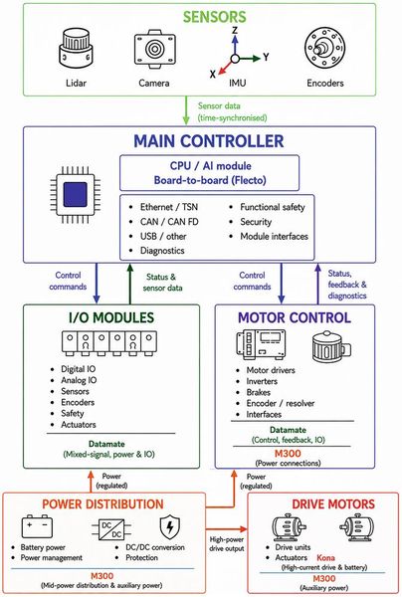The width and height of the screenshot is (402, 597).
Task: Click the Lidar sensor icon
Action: click(76, 49)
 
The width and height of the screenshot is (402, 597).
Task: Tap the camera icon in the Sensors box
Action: click(155, 50)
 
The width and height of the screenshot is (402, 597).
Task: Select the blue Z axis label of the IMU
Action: click(235, 30)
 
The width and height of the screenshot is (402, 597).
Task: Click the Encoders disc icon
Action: click(324, 48)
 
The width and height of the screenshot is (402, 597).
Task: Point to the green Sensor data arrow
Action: click(186, 110)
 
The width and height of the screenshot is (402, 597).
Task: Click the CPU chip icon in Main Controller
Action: click(76, 195)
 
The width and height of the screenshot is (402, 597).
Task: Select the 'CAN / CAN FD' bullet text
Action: click(169, 222)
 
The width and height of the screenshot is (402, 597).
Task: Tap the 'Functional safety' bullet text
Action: click(273, 207)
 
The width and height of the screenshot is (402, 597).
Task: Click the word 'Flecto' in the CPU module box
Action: click(248, 180)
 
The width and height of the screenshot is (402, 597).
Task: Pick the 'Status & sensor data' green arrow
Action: click(130, 284)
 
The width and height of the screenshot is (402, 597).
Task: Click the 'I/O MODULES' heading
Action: click(111, 317)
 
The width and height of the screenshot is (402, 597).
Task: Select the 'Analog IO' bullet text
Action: click(79, 380)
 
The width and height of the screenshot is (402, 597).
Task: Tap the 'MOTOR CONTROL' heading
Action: click(295, 317)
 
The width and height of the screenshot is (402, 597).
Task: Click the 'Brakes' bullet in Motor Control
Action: click(258, 392)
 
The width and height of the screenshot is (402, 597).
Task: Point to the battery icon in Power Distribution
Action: click(37, 525)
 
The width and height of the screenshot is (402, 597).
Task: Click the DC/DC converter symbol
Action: click(111, 529)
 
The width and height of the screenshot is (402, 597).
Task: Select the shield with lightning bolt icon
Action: click(170, 527)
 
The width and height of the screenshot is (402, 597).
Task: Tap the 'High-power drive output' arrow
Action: click(227, 529)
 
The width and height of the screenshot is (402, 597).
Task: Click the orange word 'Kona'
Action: click(325, 558)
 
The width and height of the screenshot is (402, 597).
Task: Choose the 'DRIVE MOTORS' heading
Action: click(333, 504)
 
